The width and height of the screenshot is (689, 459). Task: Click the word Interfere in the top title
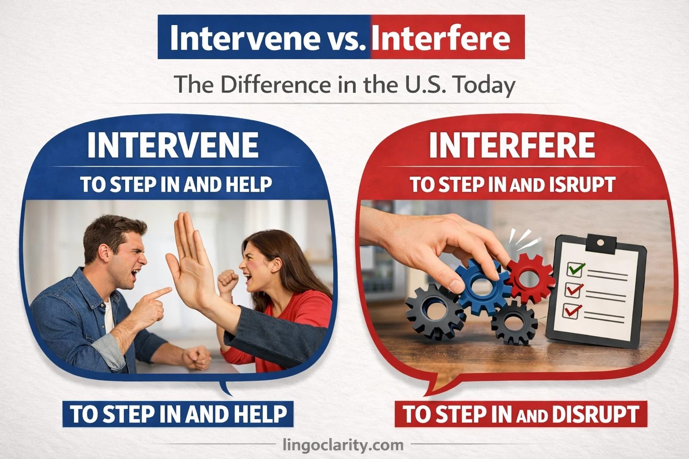(x=440, y=39)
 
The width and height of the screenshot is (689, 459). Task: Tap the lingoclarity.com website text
(x=344, y=445)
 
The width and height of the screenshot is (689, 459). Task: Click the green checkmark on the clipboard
(x=576, y=269)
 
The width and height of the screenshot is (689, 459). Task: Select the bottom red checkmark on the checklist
(x=572, y=311)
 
